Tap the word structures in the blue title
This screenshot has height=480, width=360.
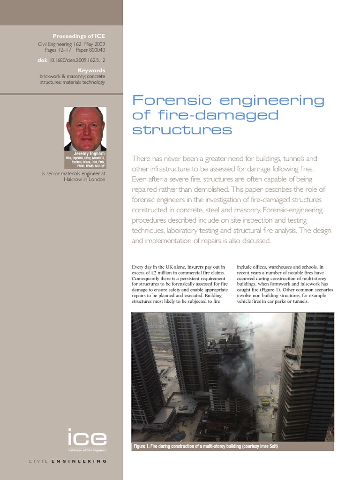coord(182,130)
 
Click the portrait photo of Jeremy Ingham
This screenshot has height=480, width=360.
coord(85,128)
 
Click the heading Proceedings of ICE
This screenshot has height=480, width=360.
coord(79,36)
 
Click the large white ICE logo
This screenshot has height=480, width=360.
coord(87,438)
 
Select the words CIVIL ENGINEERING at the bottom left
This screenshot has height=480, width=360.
coord(68,461)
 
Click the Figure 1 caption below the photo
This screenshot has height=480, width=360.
coord(206,446)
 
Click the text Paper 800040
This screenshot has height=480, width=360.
coord(91,50)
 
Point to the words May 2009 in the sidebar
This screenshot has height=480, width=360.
coord(94,44)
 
